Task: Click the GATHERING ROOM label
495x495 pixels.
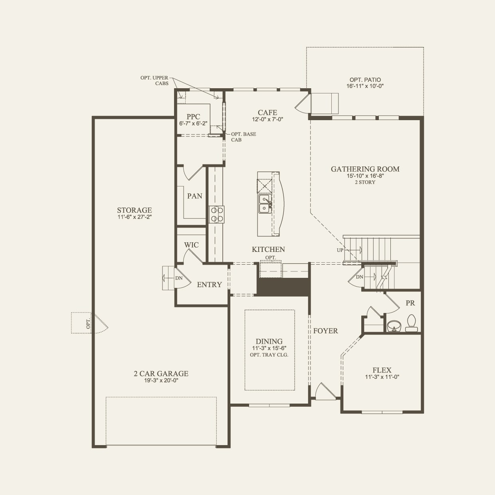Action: pyautogui.click(x=365, y=169)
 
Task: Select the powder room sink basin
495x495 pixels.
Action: pyautogui.click(x=394, y=325)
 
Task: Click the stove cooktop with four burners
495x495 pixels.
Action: pyautogui.click(x=217, y=214)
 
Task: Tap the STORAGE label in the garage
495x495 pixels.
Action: pyautogui.click(x=134, y=210)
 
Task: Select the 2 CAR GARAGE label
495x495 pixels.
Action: pyautogui.click(x=161, y=374)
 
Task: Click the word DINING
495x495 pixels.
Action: pyautogui.click(x=269, y=341)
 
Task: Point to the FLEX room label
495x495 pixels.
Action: pyautogui.click(x=382, y=370)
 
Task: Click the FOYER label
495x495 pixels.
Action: pyautogui.click(x=325, y=331)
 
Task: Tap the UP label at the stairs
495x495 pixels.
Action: pyautogui.click(x=340, y=250)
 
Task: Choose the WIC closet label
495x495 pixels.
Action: pyautogui.click(x=191, y=245)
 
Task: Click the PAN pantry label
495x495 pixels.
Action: pyautogui.click(x=194, y=196)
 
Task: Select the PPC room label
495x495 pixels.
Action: pyautogui.click(x=193, y=117)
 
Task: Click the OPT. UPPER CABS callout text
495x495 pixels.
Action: pyautogui.click(x=154, y=81)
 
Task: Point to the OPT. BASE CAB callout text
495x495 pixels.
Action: pyautogui.click(x=243, y=137)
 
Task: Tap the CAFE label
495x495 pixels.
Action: pyautogui.click(x=267, y=113)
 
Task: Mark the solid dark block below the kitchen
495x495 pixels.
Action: pyautogui.click(x=283, y=287)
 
